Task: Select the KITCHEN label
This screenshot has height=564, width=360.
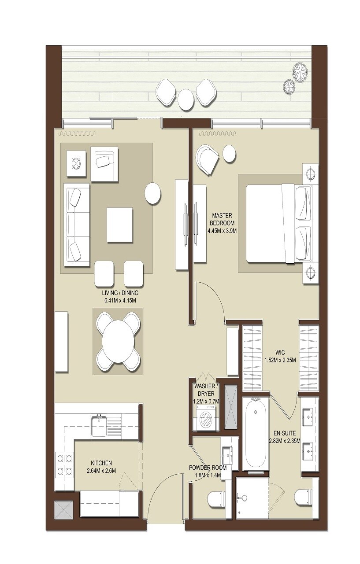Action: (101, 463)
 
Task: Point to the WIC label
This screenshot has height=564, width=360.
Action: (280, 353)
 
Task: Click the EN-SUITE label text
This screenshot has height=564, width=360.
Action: (284, 433)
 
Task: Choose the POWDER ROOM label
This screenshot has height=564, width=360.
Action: (208, 468)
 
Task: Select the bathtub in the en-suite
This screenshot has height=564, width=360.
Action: (256, 433)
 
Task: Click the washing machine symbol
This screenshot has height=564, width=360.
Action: (205, 418)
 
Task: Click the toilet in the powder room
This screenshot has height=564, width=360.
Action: (215, 499)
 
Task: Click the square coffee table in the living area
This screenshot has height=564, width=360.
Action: (119, 225)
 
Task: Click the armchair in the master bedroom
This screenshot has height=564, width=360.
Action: (207, 159)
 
